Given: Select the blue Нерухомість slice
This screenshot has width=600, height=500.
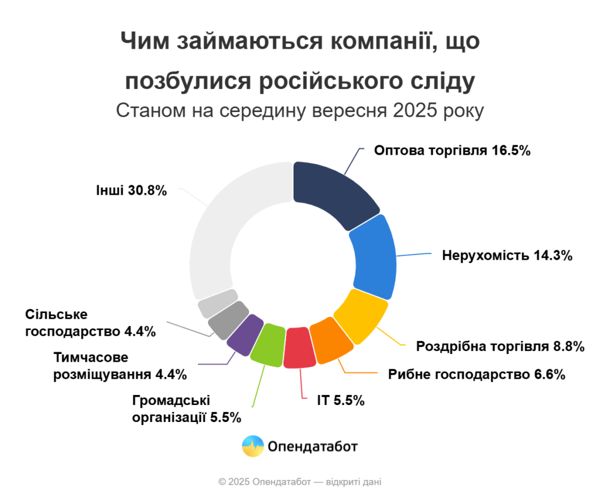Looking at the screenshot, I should [374, 258].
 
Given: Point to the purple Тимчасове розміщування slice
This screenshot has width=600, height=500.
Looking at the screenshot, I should [243, 334].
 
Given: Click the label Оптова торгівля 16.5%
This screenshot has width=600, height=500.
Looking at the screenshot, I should [452, 151].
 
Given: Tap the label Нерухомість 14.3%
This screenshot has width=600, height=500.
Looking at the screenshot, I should [507, 256].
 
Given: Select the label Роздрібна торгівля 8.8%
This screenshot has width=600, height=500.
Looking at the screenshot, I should [500, 346].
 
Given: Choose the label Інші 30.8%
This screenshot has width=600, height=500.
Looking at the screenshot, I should [131, 191].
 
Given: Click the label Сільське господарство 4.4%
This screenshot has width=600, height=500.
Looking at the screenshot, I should [91, 323].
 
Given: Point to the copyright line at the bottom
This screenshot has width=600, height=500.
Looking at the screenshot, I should [299, 482].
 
